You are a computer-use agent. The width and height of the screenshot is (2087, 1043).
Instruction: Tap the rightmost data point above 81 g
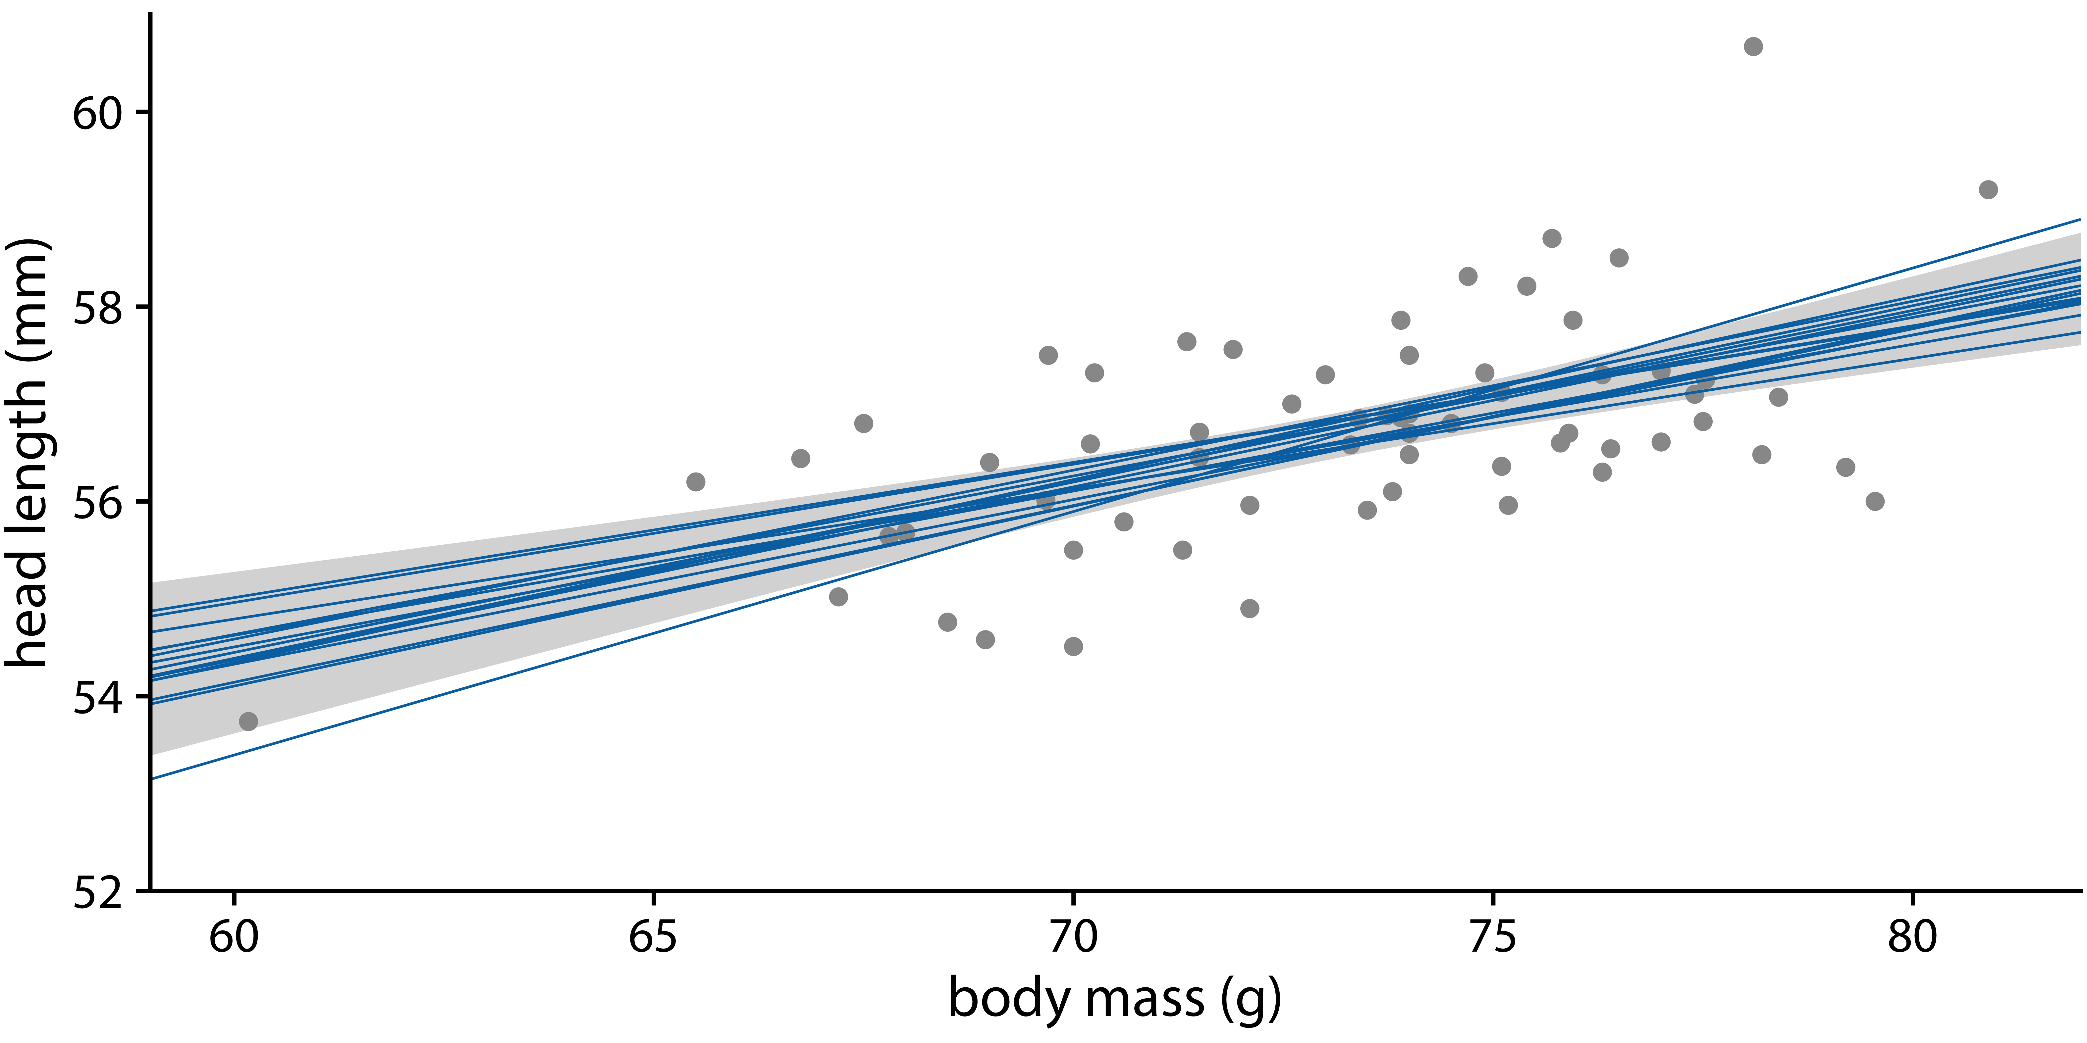coord(1988,189)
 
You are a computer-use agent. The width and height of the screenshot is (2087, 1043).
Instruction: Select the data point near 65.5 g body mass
coord(695,482)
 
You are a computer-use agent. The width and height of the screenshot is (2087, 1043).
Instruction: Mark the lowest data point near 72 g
coord(1249,608)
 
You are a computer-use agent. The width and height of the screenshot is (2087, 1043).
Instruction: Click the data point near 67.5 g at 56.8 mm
coord(864,423)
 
